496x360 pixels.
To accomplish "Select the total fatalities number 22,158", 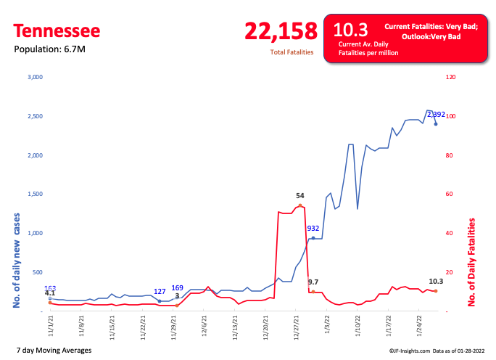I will point(281,31).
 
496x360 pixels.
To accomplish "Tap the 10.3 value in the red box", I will point(350,30).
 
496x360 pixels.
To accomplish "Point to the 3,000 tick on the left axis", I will point(35,77).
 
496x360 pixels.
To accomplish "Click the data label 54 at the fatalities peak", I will point(299,196).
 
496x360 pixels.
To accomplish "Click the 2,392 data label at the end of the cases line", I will point(436,114).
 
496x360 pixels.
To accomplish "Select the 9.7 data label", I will point(313,281).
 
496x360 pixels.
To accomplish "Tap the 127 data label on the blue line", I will point(160,292).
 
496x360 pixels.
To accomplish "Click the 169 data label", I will point(177,288).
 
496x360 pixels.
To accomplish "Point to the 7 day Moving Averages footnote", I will point(53,351).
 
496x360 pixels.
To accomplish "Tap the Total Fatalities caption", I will point(293,52).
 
